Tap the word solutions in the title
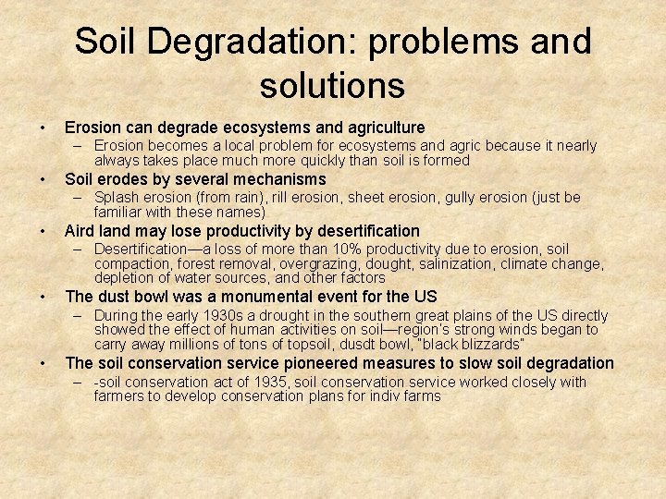332,85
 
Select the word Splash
116,198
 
